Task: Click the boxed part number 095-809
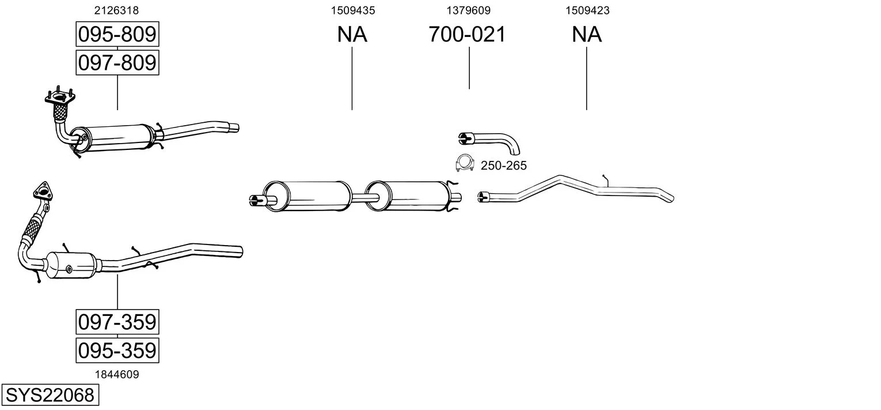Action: click(x=117, y=35)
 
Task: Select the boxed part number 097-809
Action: click(x=117, y=62)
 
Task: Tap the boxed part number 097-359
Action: click(x=117, y=322)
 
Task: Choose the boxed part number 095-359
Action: click(x=117, y=350)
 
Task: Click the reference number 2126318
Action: click(x=116, y=10)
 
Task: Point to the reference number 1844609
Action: click(x=116, y=374)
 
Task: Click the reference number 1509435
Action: click(x=352, y=10)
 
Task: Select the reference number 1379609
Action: click(x=469, y=10)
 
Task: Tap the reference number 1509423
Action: click(x=587, y=10)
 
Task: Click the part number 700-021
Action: click(x=467, y=35)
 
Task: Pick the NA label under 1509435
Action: click(x=352, y=35)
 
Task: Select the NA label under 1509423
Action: click(x=587, y=35)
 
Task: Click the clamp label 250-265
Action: click(x=503, y=166)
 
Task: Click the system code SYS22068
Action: click(x=50, y=396)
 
